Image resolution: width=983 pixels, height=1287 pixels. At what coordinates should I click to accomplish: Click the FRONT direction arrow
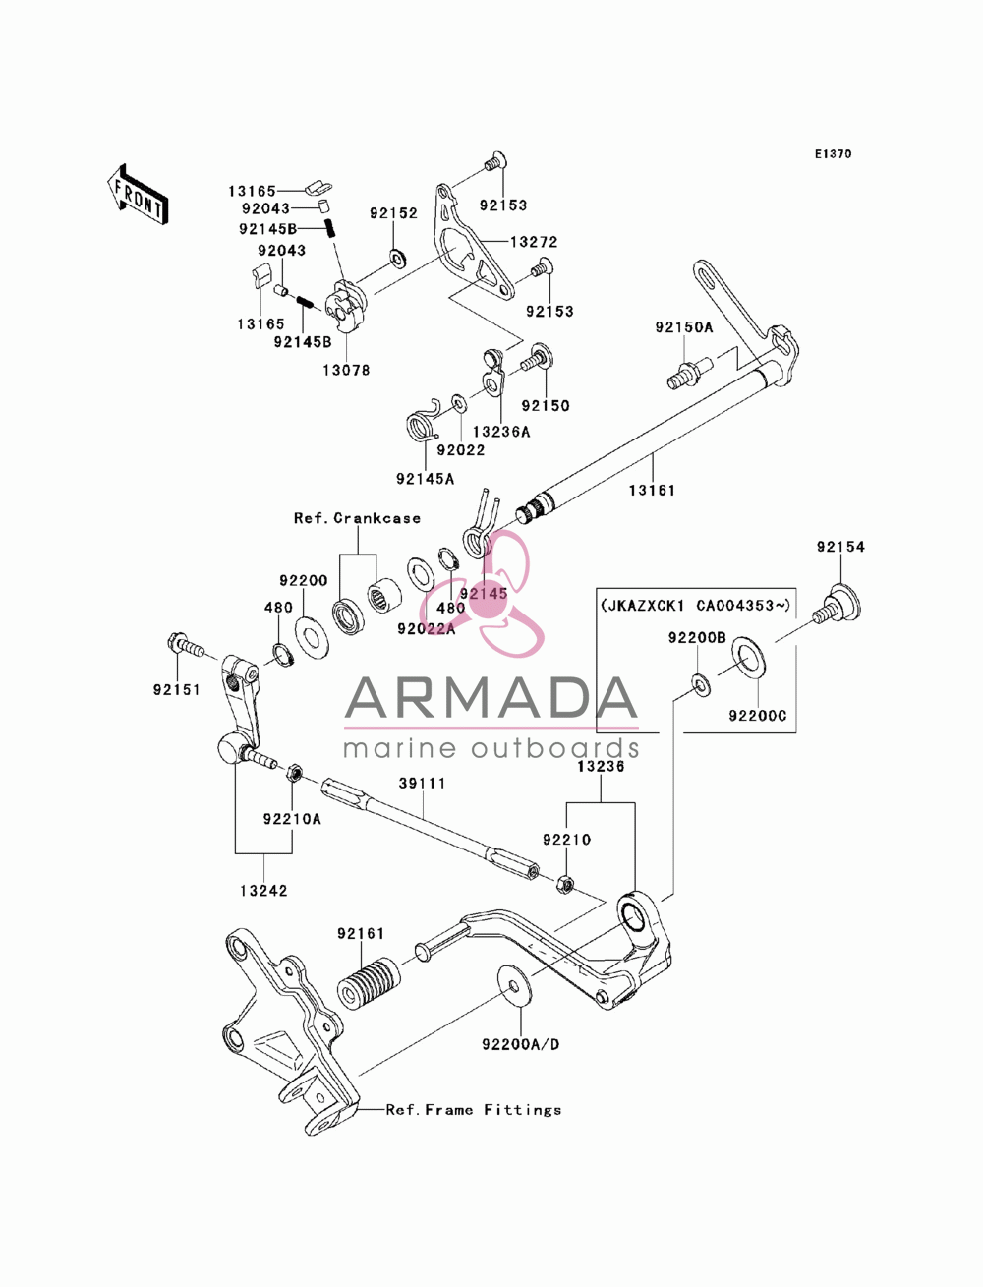point(138,193)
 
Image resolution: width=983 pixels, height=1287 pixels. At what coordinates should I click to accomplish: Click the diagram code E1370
point(833,154)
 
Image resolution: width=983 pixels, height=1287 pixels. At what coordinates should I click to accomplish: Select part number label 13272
point(534,242)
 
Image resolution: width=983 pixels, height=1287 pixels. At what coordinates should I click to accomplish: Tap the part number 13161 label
point(652,491)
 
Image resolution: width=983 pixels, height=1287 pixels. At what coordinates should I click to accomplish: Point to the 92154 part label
point(840,547)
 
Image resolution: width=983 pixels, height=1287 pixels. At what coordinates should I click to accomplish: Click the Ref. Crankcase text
point(357,518)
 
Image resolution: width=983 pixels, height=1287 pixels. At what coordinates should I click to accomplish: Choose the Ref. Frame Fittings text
point(474,1110)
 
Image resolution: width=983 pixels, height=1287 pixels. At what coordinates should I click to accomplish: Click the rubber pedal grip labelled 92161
point(370,984)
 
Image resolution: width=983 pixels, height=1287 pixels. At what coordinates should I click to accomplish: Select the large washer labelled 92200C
point(750,658)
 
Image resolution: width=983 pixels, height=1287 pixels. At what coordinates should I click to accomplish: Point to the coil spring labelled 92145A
point(424,424)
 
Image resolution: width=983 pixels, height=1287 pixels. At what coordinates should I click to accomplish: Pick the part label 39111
point(422,784)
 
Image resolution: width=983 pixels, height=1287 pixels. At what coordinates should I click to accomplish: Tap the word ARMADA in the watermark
point(491,698)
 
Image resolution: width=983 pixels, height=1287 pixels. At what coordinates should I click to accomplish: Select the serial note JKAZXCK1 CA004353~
point(696,605)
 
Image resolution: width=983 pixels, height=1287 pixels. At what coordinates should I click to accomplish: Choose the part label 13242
point(263,891)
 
